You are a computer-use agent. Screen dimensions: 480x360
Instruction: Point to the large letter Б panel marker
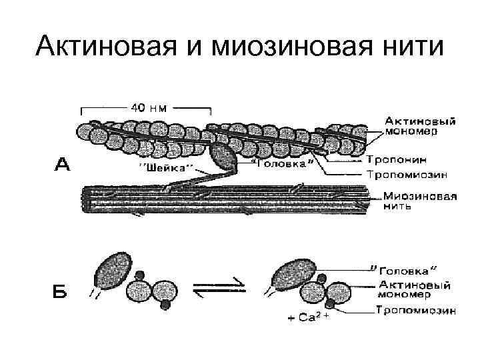[61, 291]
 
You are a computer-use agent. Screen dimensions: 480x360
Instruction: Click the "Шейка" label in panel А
[166, 167]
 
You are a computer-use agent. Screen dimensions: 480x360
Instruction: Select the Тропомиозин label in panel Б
[415, 310]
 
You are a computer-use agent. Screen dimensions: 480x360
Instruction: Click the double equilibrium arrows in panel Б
[218, 289]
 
